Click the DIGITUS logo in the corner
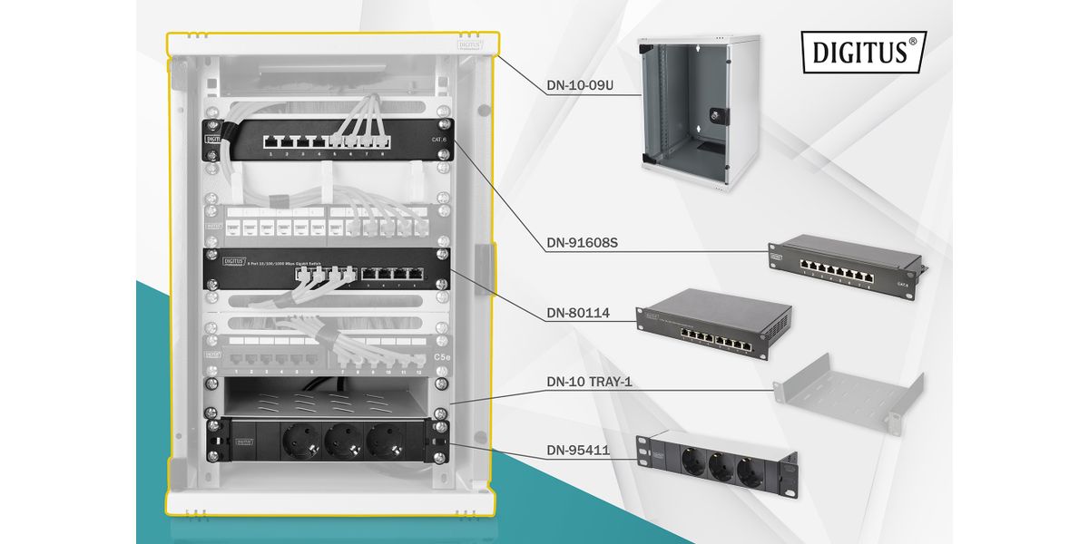[863, 51]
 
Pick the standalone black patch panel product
[844, 262]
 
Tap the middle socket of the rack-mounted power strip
[342, 441]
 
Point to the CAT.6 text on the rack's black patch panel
[440, 140]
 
